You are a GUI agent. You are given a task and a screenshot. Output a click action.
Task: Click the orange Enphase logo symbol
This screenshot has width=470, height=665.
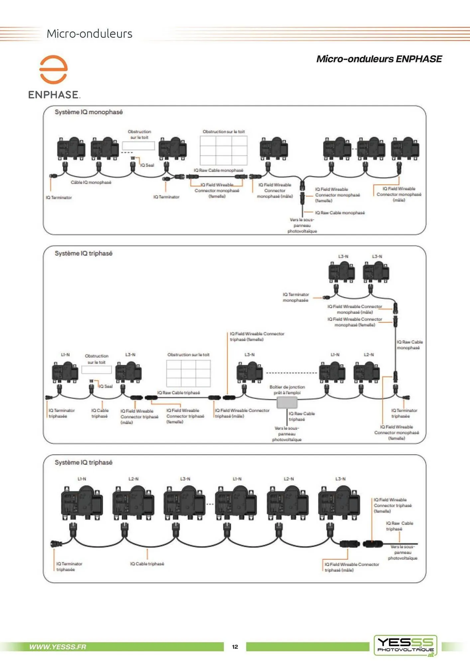point(54,69)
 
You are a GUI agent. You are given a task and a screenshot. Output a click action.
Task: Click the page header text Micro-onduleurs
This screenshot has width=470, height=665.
point(89,34)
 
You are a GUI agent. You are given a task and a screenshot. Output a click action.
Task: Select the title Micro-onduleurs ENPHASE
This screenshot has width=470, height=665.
point(379,59)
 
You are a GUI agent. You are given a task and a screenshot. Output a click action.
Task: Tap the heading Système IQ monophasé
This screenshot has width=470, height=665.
point(89,112)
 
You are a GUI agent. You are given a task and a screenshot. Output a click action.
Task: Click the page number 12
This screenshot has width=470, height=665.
point(235,647)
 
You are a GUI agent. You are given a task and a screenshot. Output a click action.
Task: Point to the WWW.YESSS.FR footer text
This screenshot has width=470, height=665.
point(58,647)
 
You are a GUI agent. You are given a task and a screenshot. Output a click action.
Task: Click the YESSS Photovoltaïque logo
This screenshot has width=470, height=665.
point(406,645)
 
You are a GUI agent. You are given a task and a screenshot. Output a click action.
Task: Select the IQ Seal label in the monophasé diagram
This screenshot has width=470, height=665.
point(147,165)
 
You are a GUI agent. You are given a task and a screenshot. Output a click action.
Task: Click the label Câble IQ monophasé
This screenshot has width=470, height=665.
point(91,182)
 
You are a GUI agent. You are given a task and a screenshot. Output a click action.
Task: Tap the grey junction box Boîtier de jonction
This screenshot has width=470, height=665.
point(287,403)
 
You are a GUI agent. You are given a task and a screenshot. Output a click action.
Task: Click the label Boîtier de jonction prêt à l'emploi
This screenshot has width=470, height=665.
point(287,390)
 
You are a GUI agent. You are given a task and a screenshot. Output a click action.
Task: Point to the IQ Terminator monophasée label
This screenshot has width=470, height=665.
point(295,297)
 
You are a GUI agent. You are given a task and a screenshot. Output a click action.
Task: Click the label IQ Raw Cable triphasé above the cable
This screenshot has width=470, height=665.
point(178,393)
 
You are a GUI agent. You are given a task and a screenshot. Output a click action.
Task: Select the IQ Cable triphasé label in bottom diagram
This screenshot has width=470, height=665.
point(147,564)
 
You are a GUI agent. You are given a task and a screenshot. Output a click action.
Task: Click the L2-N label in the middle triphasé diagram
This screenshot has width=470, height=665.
point(369,355)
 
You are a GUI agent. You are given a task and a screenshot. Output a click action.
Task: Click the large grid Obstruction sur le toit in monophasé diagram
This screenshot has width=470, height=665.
point(223,150)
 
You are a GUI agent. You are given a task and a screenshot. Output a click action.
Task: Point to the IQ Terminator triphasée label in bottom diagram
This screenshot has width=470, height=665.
point(69,566)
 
